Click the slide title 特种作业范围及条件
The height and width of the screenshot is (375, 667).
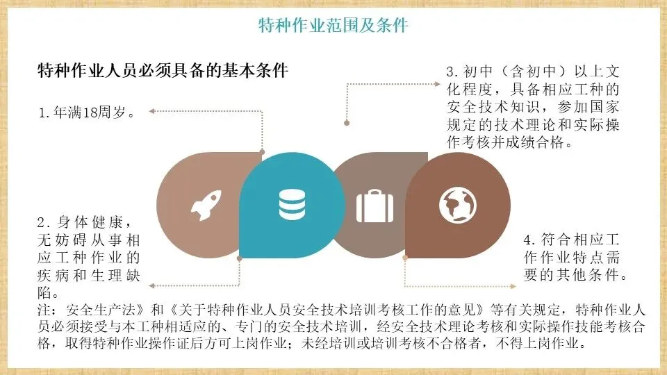coord(333,26)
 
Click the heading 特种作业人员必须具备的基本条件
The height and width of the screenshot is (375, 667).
coord(163,72)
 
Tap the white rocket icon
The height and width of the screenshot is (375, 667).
coord(206,206)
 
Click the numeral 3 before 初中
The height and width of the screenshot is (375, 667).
coord(450,72)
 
